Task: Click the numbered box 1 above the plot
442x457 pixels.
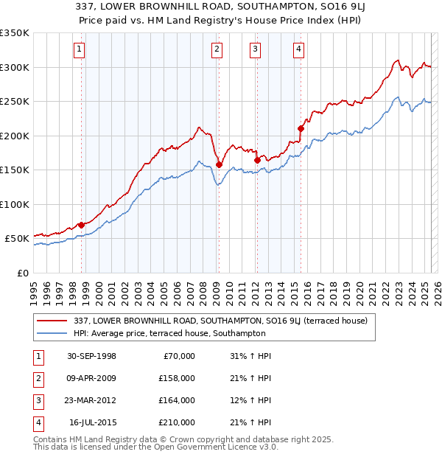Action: tap(79, 49)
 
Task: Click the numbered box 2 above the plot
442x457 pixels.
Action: tap(217, 49)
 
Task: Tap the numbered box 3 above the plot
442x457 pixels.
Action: tap(255, 49)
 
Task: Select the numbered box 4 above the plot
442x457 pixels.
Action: tap(298, 49)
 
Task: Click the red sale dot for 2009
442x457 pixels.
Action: tap(219, 164)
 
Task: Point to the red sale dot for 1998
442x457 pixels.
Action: tap(81, 225)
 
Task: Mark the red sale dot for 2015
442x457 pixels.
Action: tap(301, 128)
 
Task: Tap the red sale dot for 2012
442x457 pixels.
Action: tap(257, 160)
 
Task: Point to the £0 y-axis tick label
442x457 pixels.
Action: tap(22, 273)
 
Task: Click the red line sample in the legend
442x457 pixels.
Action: tap(52, 321)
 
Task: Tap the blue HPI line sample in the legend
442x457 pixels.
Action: tap(52, 333)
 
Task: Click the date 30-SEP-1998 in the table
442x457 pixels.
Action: tap(91, 356)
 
